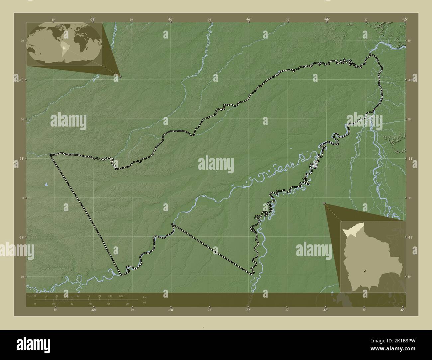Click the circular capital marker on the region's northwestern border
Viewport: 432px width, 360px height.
click(112, 160)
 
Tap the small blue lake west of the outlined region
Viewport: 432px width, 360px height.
click(46, 183)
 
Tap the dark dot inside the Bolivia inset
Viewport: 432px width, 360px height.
click(365, 271)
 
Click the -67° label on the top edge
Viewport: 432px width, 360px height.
click(249, 19)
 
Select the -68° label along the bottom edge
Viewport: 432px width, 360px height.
click(171, 310)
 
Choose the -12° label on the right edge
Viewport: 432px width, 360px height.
click(411, 237)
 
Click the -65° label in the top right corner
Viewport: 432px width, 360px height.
click(405, 19)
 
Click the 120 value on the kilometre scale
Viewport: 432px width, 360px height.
click(121, 296)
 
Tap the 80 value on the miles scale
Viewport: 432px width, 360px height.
click(127, 304)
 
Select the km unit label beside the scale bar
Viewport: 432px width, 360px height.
click(144, 297)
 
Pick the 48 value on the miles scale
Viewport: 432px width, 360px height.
click(90, 304)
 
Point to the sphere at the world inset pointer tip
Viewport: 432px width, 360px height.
click(120, 76)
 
